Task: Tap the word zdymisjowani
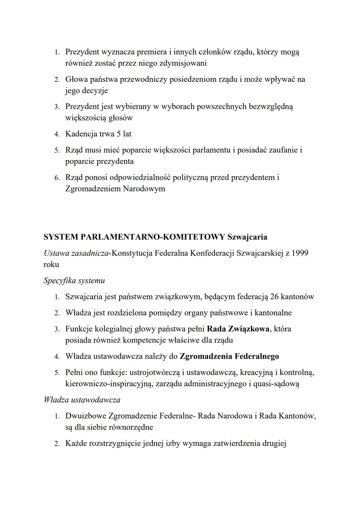pyautogui.click(x=183, y=63)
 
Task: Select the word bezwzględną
pyautogui.click(x=271, y=107)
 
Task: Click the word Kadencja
pyautogui.click(x=81, y=134)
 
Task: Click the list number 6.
pyautogui.click(x=57, y=178)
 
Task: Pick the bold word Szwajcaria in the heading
pyautogui.click(x=247, y=237)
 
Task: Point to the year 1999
pyautogui.click(x=300, y=253)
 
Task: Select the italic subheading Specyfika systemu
pyautogui.click(x=74, y=280)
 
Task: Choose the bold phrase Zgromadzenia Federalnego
pyautogui.click(x=229, y=356)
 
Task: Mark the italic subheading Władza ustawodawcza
pyautogui.click(x=82, y=400)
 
